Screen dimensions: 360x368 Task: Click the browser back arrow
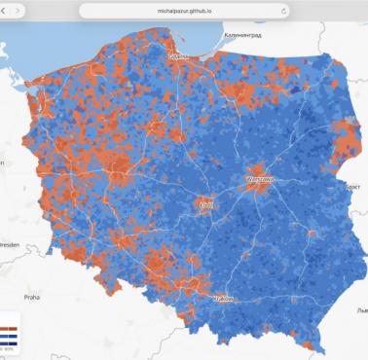click(9, 10)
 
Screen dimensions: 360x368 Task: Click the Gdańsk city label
click(178, 56)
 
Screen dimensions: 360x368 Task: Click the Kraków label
click(223, 298)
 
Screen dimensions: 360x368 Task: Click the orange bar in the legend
click(6, 329)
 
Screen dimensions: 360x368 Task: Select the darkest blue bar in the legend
click(6, 342)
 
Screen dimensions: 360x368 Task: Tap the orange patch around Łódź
click(206, 198)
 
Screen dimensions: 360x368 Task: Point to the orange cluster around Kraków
click(218, 290)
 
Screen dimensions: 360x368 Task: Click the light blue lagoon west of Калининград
click(202, 46)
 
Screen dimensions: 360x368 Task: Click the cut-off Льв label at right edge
click(361, 309)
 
